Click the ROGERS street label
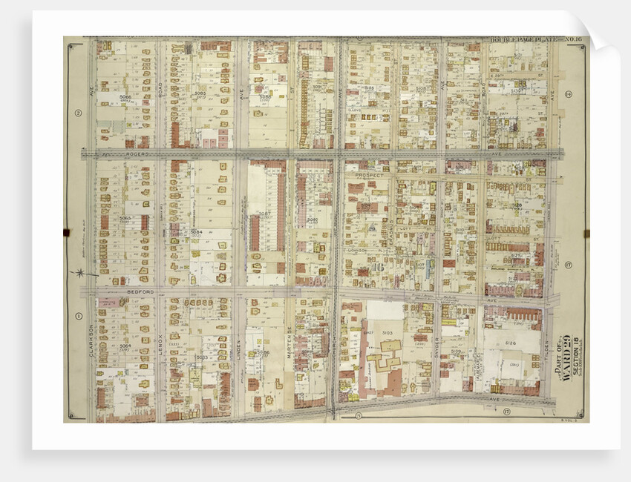coord(137,154)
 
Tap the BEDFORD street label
coord(140,292)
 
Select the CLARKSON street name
coord(91,340)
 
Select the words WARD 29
coord(569,368)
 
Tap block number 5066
coord(125,96)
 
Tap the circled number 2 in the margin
coord(76,113)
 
